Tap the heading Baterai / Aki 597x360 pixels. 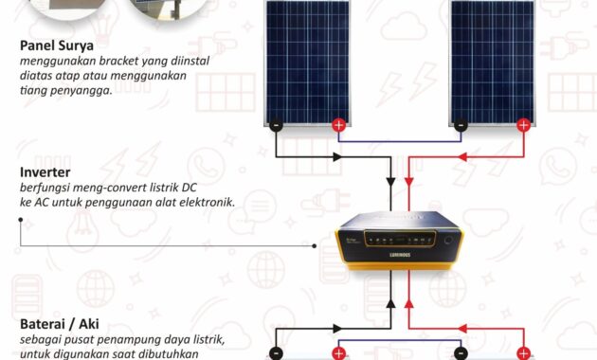coord(63,325)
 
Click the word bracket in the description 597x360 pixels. coord(114,63)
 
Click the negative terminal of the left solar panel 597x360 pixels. coord(275,125)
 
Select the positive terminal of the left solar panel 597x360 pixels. coord(338,125)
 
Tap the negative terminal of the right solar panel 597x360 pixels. coord(461,125)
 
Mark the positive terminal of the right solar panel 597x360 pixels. coord(524,125)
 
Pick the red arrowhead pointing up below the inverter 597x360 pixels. coord(409,303)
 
